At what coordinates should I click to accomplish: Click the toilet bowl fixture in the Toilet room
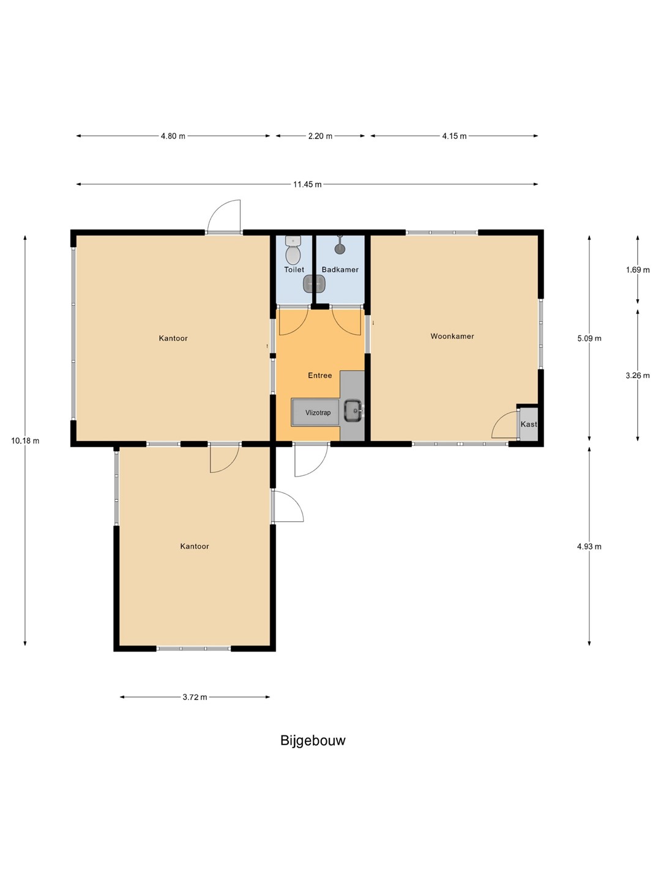293,250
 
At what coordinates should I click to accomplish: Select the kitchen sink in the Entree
353,411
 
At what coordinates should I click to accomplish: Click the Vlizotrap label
318,412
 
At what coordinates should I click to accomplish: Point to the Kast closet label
529,424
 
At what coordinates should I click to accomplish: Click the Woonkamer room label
452,336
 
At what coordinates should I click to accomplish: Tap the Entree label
320,375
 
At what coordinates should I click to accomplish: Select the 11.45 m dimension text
307,185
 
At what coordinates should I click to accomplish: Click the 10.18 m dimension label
25,441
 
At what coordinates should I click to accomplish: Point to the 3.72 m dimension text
195,697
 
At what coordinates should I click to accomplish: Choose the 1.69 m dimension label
638,270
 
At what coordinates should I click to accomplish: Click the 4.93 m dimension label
589,546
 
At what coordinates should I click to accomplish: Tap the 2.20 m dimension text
320,136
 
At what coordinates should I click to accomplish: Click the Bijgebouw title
313,740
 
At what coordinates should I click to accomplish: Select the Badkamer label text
340,270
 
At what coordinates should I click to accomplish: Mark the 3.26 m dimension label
638,376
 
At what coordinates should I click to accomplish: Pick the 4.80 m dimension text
173,136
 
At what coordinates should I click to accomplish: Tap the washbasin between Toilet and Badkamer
314,284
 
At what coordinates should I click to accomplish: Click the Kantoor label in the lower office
195,546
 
